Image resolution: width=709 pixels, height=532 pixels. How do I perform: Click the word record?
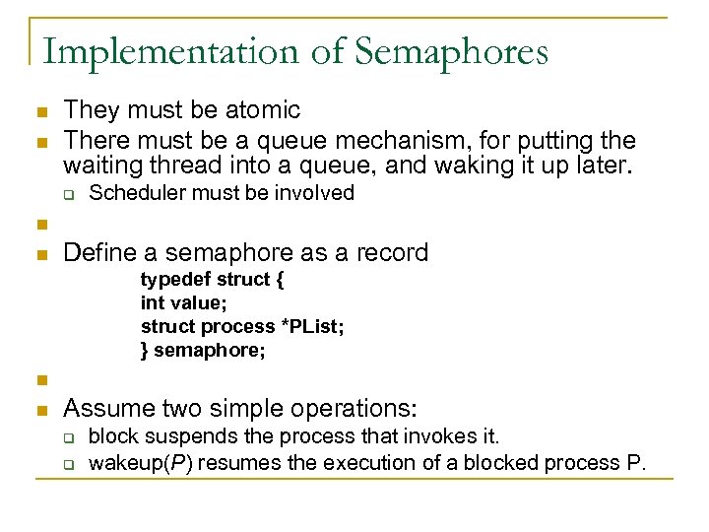pos(391,253)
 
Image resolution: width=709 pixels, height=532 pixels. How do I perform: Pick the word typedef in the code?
pos(171,280)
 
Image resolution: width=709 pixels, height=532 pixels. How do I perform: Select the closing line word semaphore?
pos(210,351)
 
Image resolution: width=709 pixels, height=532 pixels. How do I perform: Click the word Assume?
pos(105,407)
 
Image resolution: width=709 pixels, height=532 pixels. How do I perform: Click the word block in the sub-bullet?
pos(110,435)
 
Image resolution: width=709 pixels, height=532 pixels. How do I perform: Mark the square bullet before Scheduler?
pos(70,194)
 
